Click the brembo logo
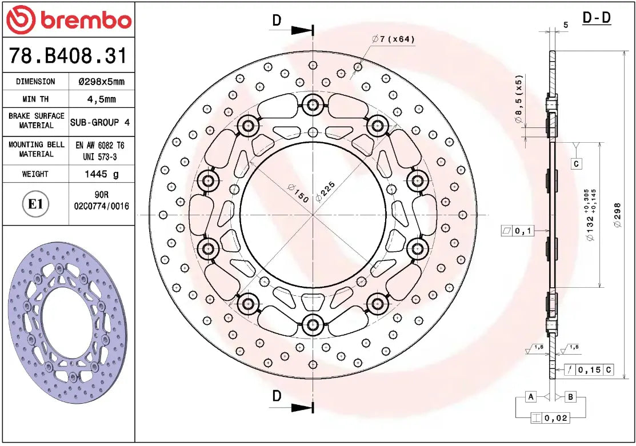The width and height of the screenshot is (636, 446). (x=68, y=20)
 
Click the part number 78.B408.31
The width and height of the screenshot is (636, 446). (x=68, y=56)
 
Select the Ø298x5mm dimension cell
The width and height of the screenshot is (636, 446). (x=101, y=82)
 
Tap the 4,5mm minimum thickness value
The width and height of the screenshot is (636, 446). (x=101, y=99)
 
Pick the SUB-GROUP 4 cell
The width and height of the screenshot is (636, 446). (x=100, y=122)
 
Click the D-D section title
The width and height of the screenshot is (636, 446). (x=597, y=18)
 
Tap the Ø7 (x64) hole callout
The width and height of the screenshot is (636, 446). (x=393, y=39)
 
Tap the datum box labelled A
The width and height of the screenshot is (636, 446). (x=531, y=397)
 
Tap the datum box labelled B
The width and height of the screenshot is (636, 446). (x=570, y=397)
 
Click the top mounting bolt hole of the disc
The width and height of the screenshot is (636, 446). (x=313, y=104)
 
